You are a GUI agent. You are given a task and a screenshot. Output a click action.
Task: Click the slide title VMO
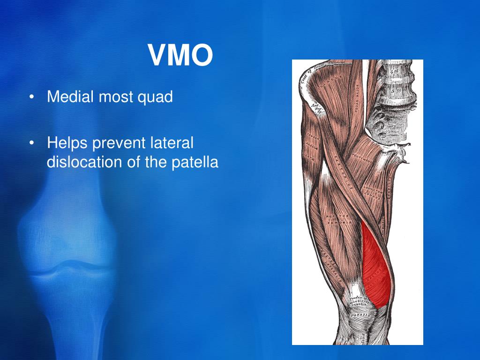click(x=181, y=55)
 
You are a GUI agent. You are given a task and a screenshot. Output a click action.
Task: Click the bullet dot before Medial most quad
click(x=31, y=98)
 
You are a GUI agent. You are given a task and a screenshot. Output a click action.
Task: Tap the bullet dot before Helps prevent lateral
click(x=31, y=143)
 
